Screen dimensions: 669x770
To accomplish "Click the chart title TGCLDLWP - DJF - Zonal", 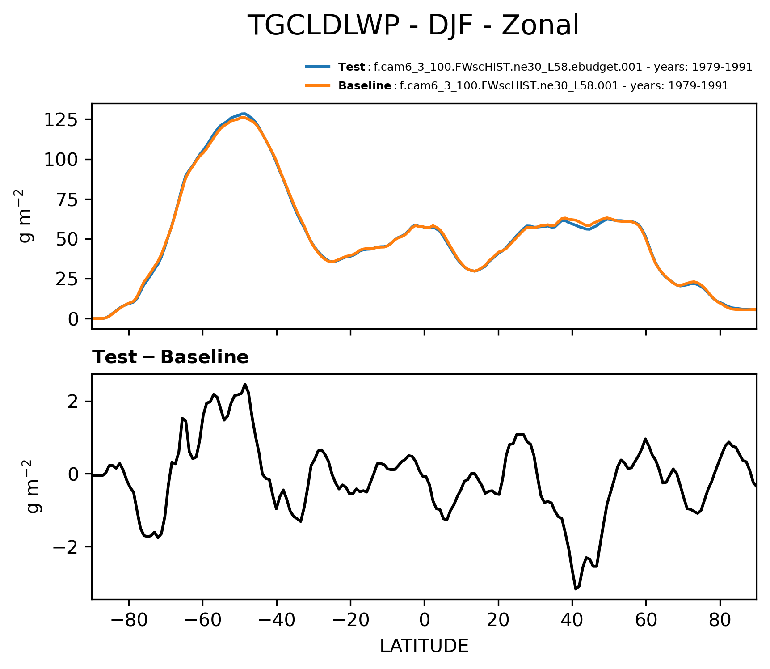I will coord(413,25).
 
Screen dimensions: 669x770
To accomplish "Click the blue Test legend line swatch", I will coord(318,67).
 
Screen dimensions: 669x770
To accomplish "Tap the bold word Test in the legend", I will coord(351,67).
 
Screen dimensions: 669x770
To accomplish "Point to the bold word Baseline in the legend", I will coord(365,86).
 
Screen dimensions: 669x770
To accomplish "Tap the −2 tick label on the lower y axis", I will coord(66,547).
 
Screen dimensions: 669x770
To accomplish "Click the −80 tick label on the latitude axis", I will coord(129,620).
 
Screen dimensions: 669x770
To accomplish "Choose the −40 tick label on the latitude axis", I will coord(277,620).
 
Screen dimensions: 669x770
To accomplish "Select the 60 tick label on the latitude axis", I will coord(646,620).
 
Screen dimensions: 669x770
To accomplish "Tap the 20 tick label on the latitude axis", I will coord(498,620).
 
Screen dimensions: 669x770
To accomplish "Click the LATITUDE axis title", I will coord(424,646).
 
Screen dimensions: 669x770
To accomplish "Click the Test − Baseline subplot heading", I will coord(170,357).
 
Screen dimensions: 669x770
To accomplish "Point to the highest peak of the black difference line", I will coord(245,384).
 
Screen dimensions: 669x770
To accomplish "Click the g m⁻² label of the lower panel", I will coord(32,486).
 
